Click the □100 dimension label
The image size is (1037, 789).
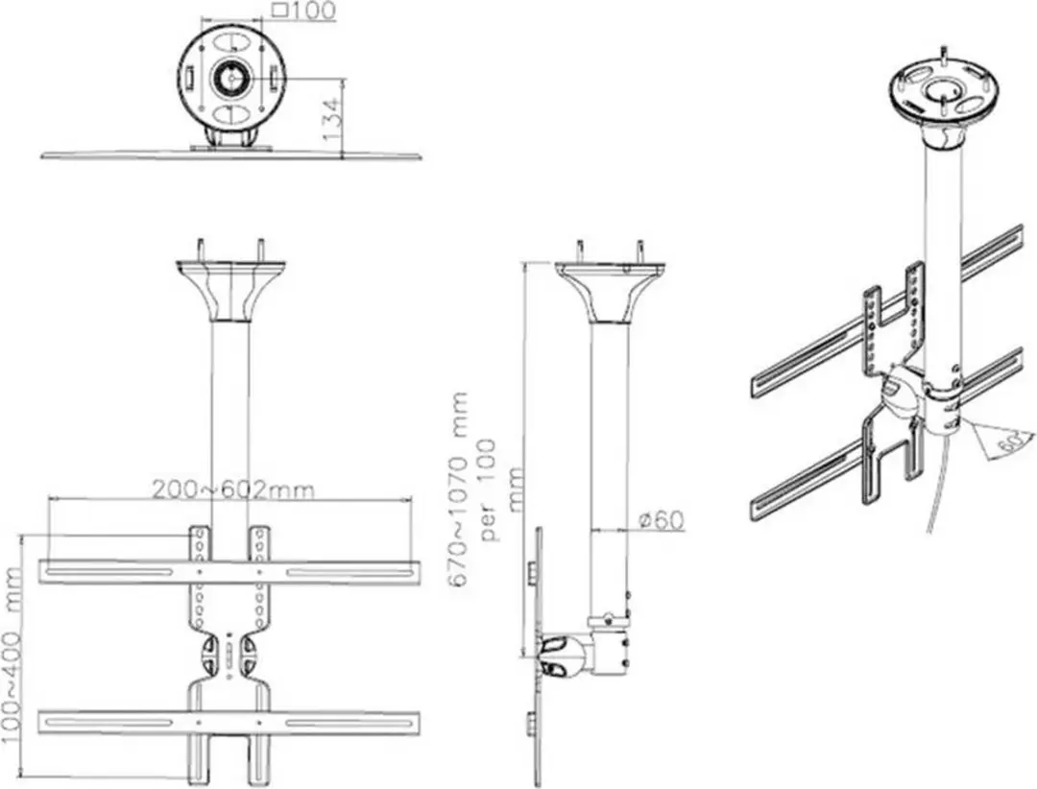305,12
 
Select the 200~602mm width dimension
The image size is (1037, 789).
233,490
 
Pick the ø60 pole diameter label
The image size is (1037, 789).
662,520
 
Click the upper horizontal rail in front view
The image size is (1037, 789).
229,572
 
